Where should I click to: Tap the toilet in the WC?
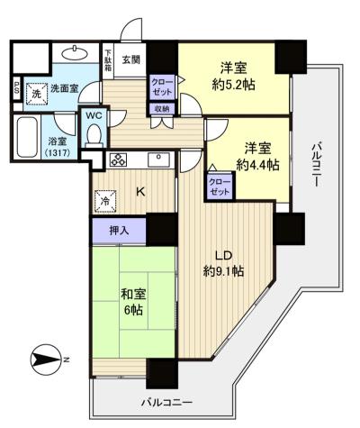point(94,136)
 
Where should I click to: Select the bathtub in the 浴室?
point(27,137)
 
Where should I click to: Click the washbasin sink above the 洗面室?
point(75,54)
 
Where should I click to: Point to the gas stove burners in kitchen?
point(119,159)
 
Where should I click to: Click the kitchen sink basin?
point(158,159)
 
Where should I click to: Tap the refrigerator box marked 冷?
point(105,201)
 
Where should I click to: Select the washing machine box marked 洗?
point(36,94)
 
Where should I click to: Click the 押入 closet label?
point(119,231)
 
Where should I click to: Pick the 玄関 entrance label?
point(131,59)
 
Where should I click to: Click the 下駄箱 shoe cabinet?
point(108,61)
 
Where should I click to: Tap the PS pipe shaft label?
point(17,88)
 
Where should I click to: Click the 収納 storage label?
point(162,108)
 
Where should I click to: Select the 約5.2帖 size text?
point(234,86)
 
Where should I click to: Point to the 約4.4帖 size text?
point(257,165)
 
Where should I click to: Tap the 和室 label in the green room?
point(133,295)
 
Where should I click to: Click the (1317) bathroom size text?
point(58,152)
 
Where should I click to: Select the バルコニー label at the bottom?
point(166,402)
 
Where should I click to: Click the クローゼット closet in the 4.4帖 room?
point(220,187)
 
